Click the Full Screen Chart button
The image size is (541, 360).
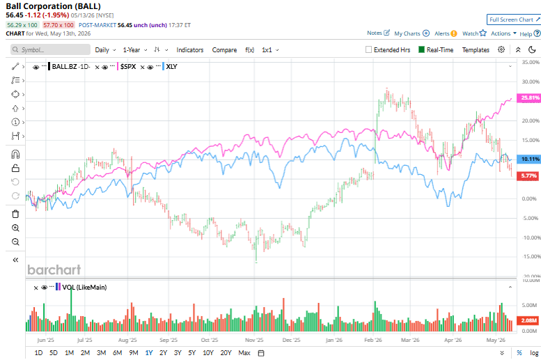[x=514, y=19]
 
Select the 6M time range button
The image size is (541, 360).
[x=117, y=353]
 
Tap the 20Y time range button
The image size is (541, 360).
[x=226, y=353]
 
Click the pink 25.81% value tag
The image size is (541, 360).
[x=529, y=97]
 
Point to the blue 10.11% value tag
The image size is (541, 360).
[x=529, y=159]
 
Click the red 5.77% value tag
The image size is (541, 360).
[x=529, y=175]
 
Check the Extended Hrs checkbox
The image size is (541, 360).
[x=368, y=49]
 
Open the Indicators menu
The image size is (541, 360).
[x=190, y=49]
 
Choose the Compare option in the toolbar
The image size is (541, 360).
[x=224, y=49]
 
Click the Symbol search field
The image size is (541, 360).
[x=50, y=49]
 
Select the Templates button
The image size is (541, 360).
[x=476, y=49]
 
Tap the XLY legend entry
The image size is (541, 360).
[x=171, y=67]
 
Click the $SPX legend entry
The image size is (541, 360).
[x=128, y=67]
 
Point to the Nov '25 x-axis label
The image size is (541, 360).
[x=254, y=340]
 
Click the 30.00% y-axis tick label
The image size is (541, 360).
[x=531, y=81]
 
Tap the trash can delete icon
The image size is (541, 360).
[x=15, y=214]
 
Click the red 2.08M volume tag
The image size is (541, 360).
[x=528, y=320]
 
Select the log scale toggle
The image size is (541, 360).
[x=534, y=353]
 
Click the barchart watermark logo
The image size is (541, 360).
[x=54, y=269]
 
